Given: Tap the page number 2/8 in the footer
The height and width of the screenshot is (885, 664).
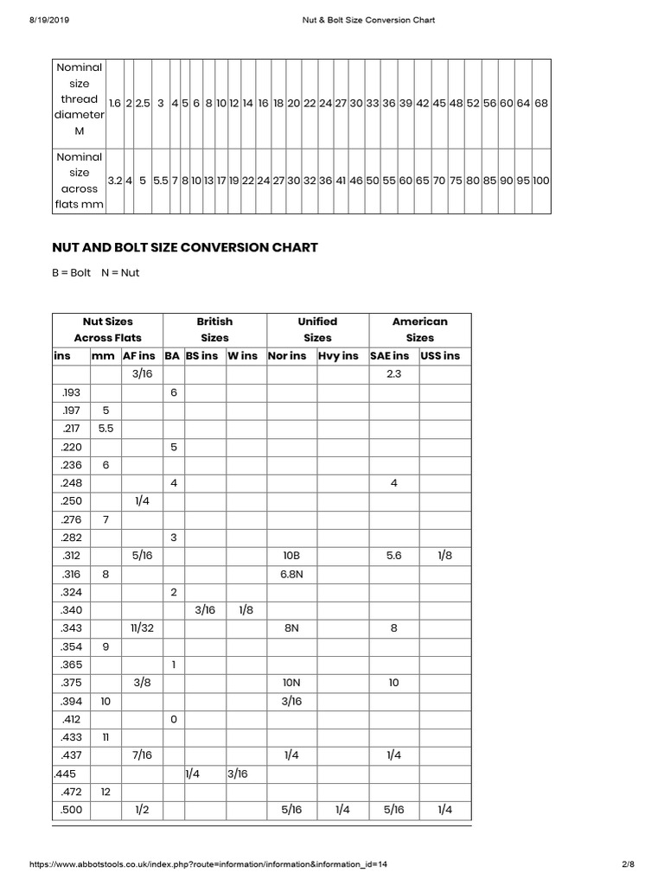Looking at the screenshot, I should pyautogui.click(x=628, y=863).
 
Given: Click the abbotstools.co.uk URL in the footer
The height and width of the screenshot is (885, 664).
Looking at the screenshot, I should pyautogui.click(x=208, y=863).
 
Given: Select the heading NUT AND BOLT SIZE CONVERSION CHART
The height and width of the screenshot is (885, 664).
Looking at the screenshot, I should pyautogui.click(x=185, y=247).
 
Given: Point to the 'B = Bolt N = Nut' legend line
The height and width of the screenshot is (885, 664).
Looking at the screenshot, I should pyautogui.click(x=96, y=273).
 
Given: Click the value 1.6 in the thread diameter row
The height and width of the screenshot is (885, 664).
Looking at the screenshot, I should pyautogui.click(x=114, y=103).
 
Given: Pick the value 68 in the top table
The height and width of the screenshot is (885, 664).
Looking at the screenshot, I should pyautogui.click(x=541, y=103).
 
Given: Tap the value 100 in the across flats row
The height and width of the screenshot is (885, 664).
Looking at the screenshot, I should pyautogui.click(x=541, y=181).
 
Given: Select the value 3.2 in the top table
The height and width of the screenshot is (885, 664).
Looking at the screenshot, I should pyautogui.click(x=114, y=181).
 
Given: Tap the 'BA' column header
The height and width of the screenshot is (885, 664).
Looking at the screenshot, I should pyautogui.click(x=172, y=355).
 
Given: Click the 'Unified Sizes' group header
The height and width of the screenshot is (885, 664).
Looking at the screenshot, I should pyautogui.click(x=317, y=329).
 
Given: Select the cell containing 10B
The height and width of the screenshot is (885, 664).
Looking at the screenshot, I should pyautogui.click(x=291, y=556).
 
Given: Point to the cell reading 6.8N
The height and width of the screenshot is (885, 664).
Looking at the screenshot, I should pyautogui.click(x=291, y=574).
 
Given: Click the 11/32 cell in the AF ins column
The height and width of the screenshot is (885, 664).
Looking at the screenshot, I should pyautogui.click(x=142, y=628).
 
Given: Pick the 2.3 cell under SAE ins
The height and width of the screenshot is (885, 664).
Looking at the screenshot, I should pyautogui.click(x=393, y=374).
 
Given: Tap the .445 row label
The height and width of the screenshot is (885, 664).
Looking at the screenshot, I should pyautogui.click(x=65, y=774).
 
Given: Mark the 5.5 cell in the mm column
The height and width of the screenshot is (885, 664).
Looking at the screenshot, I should pyautogui.click(x=105, y=429).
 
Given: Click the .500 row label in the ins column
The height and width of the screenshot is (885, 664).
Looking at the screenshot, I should pyautogui.click(x=70, y=810).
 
